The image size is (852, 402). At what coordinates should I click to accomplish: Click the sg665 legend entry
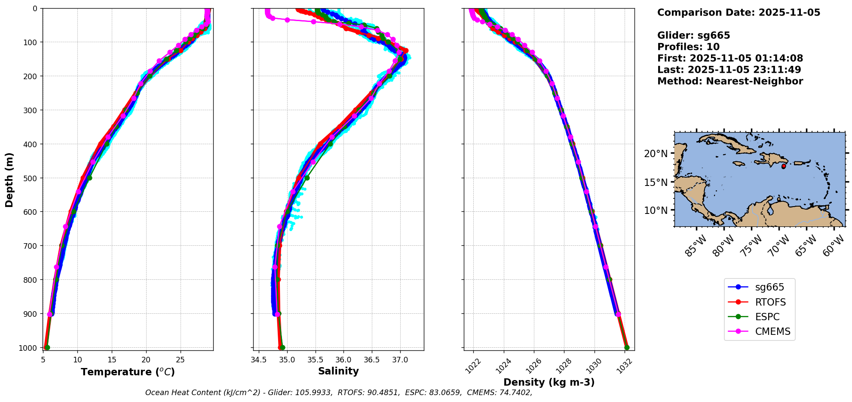coord(769,287)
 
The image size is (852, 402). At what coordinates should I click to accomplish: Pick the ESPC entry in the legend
coord(767,317)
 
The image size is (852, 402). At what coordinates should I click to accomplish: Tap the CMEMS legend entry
coord(772,331)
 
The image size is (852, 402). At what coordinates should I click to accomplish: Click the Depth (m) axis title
coord(9,179)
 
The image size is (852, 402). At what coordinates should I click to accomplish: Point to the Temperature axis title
coord(128,372)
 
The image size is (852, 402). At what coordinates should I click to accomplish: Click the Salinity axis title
coord(338,371)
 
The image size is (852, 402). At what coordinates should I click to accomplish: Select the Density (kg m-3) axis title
coord(549,382)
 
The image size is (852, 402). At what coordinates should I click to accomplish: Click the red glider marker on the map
coord(784,166)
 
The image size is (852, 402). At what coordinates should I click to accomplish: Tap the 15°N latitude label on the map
coord(656,182)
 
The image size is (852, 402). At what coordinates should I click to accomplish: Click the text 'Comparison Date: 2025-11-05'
coord(739,12)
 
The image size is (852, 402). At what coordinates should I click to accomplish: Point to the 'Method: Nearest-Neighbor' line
coord(730,81)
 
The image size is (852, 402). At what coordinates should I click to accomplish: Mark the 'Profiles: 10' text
coord(688,47)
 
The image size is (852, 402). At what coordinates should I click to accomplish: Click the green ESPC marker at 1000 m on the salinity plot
coord(282,347)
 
